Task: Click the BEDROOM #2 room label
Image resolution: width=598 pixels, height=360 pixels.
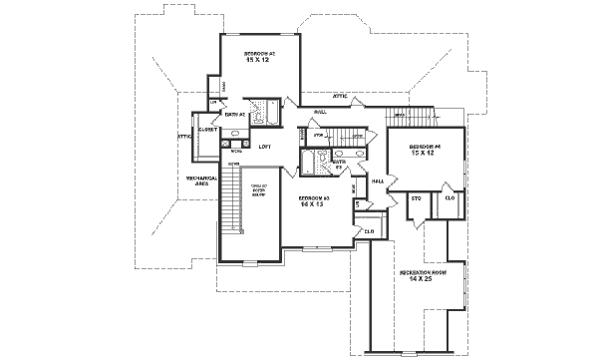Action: tap(260, 51)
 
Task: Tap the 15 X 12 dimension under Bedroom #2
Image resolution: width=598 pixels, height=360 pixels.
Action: tap(260, 59)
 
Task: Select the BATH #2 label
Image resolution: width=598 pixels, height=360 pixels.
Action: tap(235, 115)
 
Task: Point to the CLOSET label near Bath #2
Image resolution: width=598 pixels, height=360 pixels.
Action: tap(207, 130)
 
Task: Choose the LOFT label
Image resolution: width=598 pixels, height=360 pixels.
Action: tap(265, 147)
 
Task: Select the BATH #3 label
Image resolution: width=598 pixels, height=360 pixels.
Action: tap(338, 163)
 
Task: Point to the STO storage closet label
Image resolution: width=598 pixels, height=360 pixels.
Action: tap(417, 198)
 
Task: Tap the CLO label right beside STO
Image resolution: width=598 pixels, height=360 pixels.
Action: tap(449, 198)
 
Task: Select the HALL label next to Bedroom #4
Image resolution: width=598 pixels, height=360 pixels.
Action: tap(378, 181)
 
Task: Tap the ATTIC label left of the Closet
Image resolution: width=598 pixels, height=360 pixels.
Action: tap(183, 136)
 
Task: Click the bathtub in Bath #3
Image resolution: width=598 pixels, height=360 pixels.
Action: tap(320, 162)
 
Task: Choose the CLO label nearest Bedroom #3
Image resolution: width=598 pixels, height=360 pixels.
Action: tap(369, 231)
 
